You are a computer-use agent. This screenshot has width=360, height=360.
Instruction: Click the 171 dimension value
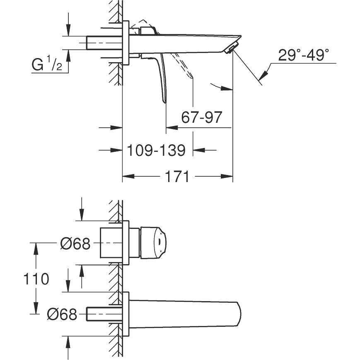(177, 176)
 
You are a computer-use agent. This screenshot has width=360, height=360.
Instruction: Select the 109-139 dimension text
(156, 150)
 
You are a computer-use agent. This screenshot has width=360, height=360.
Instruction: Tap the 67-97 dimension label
(202, 117)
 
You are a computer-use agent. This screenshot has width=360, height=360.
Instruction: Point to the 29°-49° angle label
(304, 55)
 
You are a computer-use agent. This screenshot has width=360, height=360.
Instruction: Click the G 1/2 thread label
(47, 64)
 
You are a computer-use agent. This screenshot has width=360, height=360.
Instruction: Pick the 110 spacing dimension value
(36, 279)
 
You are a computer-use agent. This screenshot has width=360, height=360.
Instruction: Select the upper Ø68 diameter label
(75, 243)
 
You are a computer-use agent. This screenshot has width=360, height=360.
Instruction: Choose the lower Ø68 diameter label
(62, 314)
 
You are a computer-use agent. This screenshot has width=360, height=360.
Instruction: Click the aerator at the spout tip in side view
(230, 48)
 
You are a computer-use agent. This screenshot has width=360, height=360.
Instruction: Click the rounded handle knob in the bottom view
(153, 243)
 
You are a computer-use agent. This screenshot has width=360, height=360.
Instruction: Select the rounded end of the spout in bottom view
(238, 314)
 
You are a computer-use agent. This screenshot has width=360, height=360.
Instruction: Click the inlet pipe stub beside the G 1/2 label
(104, 43)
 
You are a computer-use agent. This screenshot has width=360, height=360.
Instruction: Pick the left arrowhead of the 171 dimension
(128, 176)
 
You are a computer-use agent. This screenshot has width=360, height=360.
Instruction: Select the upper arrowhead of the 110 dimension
(36, 248)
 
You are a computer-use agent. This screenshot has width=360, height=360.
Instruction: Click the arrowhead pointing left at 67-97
(172, 128)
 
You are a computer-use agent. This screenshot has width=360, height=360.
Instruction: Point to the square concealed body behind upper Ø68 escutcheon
(111, 243)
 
